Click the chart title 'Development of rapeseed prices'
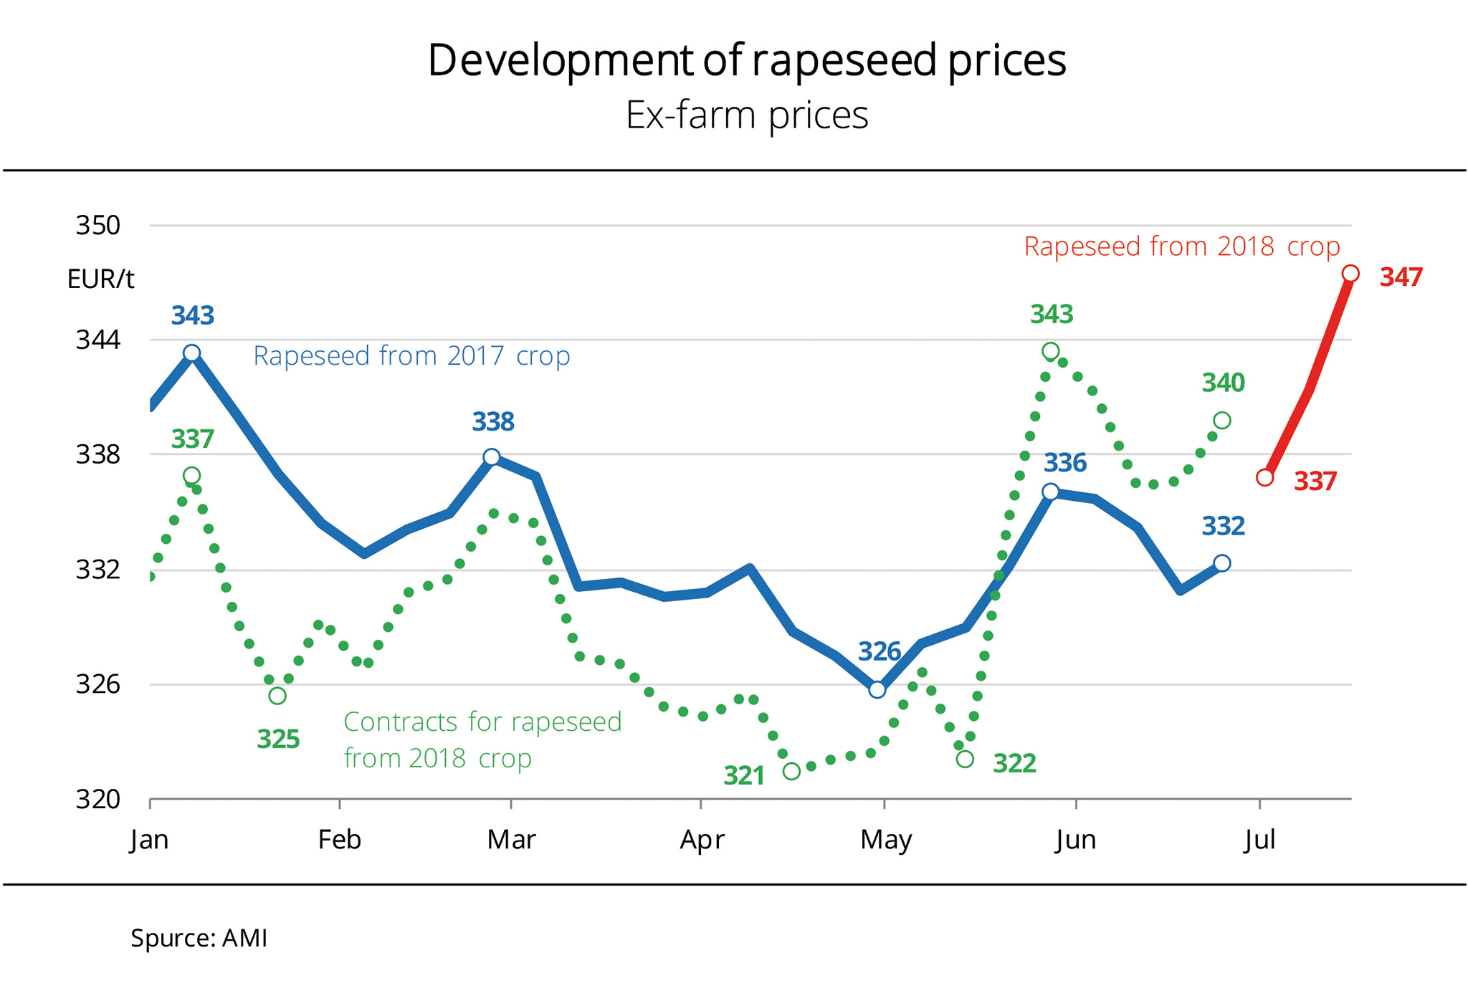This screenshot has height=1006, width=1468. [746, 60]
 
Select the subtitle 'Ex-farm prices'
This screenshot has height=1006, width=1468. [746, 115]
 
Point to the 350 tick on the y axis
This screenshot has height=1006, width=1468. [98, 226]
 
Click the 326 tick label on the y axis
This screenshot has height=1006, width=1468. [98, 684]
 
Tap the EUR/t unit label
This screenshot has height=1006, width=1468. [100, 279]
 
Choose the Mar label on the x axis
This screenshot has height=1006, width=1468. [511, 839]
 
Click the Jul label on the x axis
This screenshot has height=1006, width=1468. [1259, 839]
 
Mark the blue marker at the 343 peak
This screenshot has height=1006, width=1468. [191, 353]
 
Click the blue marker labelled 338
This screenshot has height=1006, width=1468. [491, 457]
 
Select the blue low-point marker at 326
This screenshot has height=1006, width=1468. [877, 690]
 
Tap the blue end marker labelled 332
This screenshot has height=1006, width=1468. [1222, 563]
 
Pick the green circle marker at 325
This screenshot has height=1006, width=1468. [277, 696]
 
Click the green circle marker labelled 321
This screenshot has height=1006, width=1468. [791, 771]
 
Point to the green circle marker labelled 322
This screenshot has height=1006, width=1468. [965, 759]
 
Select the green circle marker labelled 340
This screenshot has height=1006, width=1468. [1222, 421]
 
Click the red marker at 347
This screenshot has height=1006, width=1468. [1350, 274]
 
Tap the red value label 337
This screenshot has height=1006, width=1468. [1315, 482]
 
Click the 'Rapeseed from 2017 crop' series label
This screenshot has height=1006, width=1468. [411, 356]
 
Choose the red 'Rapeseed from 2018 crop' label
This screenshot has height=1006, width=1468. [1181, 246]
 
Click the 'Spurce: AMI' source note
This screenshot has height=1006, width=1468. [199, 938]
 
